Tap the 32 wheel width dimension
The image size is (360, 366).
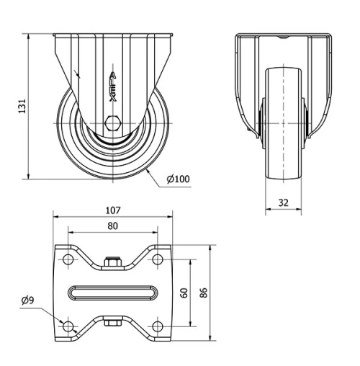(x=284, y=203)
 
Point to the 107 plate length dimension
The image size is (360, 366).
(x=113, y=211)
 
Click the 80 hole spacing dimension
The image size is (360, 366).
(x=112, y=225)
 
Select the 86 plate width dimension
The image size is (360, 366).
(x=204, y=293)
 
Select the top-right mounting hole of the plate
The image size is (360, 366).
(x=157, y=259)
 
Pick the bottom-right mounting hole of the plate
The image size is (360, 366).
(x=157, y=326)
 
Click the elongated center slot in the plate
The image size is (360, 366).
(x=113, y=293)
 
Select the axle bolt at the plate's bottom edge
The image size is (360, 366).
(x=112, y=322)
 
